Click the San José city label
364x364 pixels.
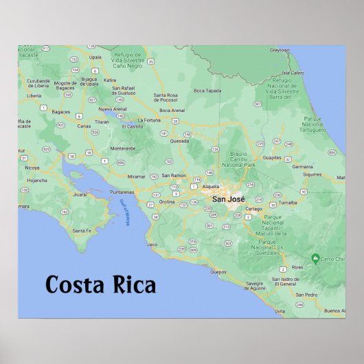(x=227, y=199)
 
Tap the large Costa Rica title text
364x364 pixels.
(x=101, y=284)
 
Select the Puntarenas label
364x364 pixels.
(x=122, y=192)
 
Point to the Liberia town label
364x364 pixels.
(x=34, y=95)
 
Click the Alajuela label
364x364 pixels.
(x=211, y=186)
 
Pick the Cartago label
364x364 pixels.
(x=253, y=208)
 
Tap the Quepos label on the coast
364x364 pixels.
(x=218, y=272)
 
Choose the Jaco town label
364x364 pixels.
(x=152, y=244)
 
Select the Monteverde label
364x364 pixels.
(x=123, y=148)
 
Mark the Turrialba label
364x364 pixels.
(x=287, y=203)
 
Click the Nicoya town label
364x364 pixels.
(x=32, y=167)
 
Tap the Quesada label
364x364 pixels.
(x=180, y=141)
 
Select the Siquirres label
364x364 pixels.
(x=312, y=174)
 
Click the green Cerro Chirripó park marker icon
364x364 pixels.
(x=315, y=258)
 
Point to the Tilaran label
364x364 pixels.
(x=102, y=121)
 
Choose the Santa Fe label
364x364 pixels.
(x=82, y=230)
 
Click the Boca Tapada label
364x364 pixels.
(x=207, y=90)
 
